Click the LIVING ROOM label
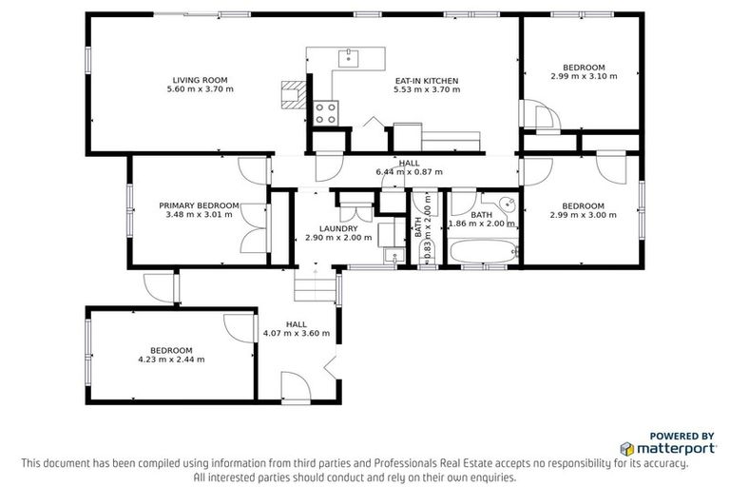coord(199,79)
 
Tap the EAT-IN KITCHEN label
coord(427,80)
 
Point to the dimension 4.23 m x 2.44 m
coord(171,360)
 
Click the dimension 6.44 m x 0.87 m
coord(410,172)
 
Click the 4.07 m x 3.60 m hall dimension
coord(297,334)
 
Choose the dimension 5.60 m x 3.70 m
coord(199,89)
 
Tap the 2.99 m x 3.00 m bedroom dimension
coord(583,215)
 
